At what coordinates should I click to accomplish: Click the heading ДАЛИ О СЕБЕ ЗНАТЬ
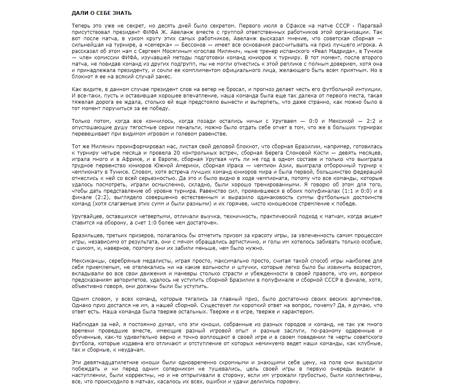pos(102,13)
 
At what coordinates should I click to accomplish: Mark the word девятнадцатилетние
pos(110,363)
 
